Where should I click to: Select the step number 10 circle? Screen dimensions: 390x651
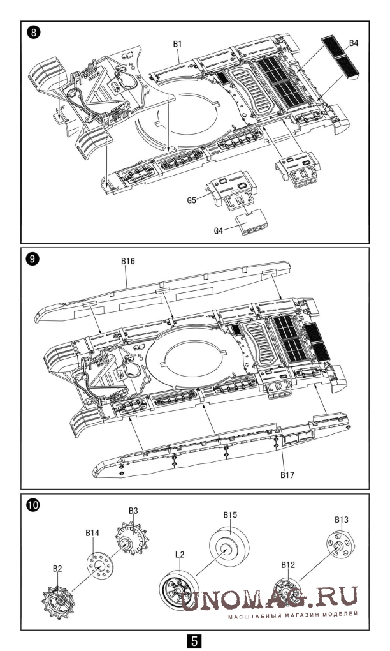32,505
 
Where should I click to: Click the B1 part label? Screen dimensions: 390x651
178,43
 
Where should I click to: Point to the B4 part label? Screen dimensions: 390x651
354,43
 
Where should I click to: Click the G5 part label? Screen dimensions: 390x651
191,200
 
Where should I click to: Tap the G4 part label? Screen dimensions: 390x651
219,230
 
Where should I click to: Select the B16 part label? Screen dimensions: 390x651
127,261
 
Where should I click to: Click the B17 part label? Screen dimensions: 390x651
287,475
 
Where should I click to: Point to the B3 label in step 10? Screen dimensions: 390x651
133,511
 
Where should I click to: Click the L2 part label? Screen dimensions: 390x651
180,554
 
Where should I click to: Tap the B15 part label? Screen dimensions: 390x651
230,515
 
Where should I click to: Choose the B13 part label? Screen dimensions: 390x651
342,520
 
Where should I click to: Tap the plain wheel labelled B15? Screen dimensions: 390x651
229,544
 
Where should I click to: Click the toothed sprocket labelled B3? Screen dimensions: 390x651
132,540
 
